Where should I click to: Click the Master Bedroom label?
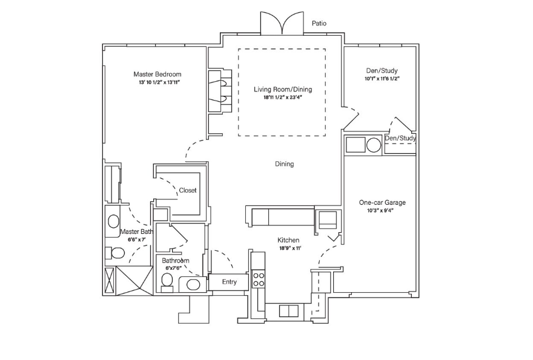click(x=157, y=74)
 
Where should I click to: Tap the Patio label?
click(x=319, y=23)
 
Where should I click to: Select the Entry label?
click(x=230, y=282)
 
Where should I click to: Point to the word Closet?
click(x=188, y=190)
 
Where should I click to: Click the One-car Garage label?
click(x=382, y=202)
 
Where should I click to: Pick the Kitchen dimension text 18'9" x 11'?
click(x=290, y=248)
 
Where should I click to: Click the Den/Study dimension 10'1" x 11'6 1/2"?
click(x=382, y=79)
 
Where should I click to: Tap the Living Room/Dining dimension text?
click(x=283, y=97)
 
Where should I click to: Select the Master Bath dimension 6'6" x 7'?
click(x=137, y=239)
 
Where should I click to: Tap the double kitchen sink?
click(x=288, y=311)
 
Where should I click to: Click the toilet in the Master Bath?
click(x=115, y=253)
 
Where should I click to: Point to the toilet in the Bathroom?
click(x=167, y=282)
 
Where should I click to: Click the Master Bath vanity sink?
click(x=113, y=221)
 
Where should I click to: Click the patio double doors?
click(x=282, y=23)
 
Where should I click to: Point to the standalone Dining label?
click(x=284, y=164)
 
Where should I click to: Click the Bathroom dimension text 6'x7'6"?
click(x=173, y=268)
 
